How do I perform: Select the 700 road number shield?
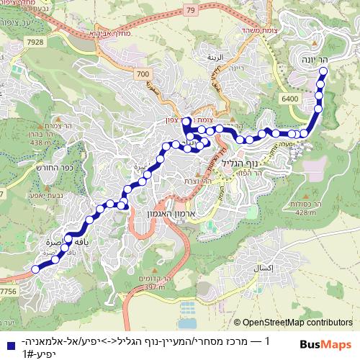click(x=143, y=74)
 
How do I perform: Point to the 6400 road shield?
click(x=290, y=97)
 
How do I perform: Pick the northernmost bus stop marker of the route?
click(x=323, y=71)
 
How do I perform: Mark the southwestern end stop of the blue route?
click(x=35, y=270)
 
